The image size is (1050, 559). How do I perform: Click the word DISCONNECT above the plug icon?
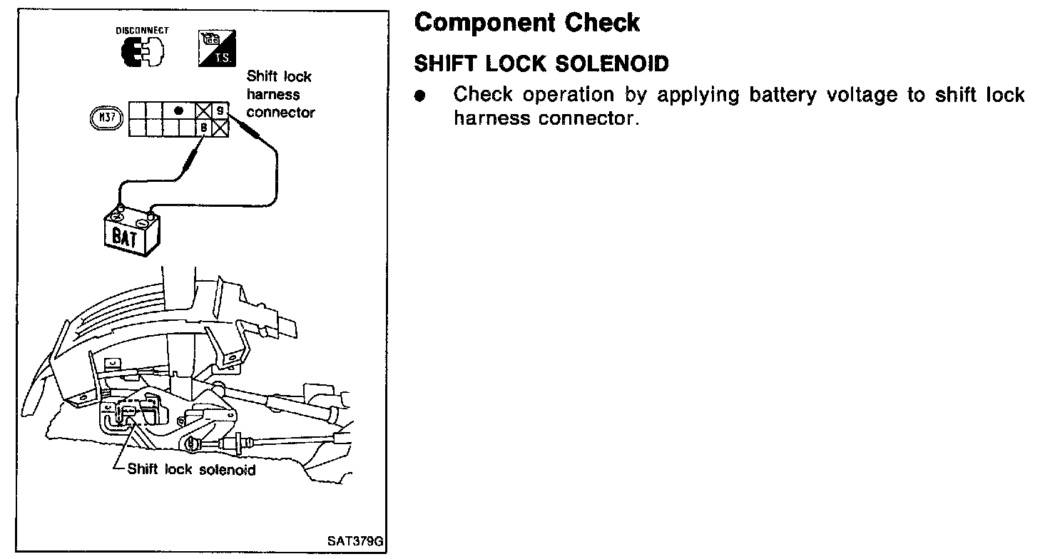(x=143, y=31)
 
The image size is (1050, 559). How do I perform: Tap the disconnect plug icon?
(x=143, y=52)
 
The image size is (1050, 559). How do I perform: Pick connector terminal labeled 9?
(x=220, y=111)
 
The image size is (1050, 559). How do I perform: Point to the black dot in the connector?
(x=178, y=111)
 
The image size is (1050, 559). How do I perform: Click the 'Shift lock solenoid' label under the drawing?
(x=190, y=470)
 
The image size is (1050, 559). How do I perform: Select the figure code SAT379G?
(x=355, y=541)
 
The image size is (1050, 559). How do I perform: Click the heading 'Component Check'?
(x=527, y=23)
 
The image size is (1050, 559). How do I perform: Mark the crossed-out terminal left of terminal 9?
(x=203, y=111)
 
